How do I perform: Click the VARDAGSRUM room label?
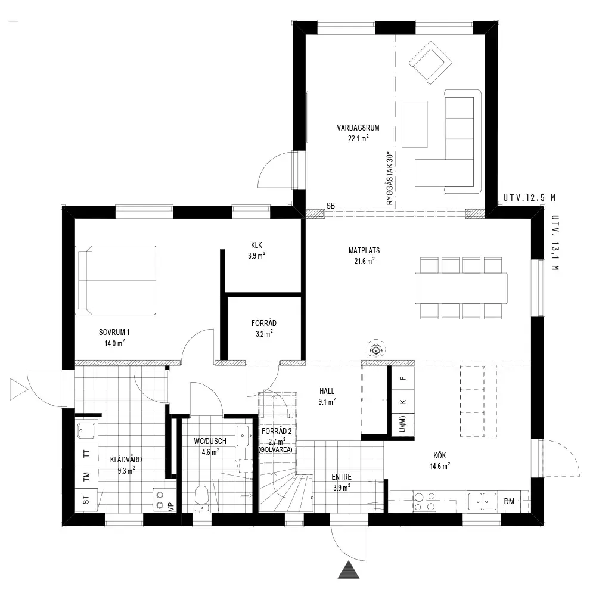[x=358, y=128]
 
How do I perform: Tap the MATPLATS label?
[x=364, y=250]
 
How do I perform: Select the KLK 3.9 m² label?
[x=256, y=250]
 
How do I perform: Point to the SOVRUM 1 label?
[x=114, y=332]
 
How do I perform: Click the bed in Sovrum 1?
[x=116, y=281]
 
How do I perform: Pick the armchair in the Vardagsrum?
[x=430, y=63]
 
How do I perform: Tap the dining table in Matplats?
[x=461, y=288]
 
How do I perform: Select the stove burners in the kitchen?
[x=424, y=501]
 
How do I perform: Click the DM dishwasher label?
[x=509, y=501]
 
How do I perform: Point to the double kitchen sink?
[x=482, y=501]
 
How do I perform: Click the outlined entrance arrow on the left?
[x=18, y=389]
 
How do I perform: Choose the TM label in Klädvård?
[x=86, y=476]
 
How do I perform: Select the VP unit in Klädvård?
[x=164, y=500]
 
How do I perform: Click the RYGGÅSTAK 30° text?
[x=389, y=179]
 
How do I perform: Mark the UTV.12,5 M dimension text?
[x=529, y=198]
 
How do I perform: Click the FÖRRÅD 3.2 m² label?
[x=264, y=328]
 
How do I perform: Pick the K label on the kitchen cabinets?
[x=403, y=402]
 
